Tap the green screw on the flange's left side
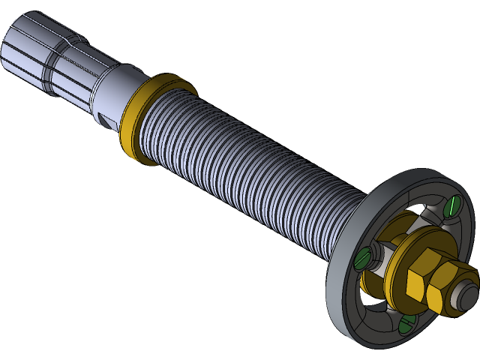364,259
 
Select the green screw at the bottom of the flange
406,323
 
